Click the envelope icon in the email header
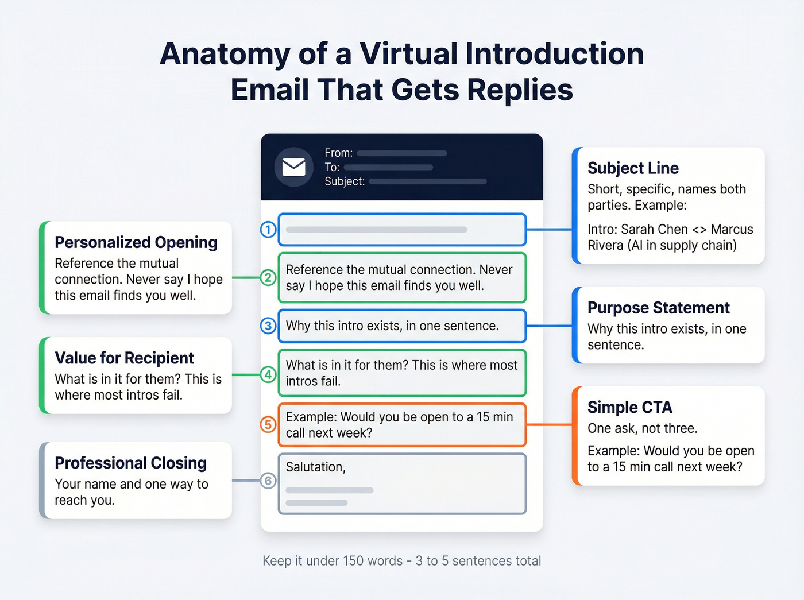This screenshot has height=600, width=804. click(293, 167)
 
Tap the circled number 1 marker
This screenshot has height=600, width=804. click(268, 230)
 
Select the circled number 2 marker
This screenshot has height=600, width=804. click(268, 278)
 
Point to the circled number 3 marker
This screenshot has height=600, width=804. click(268, 326)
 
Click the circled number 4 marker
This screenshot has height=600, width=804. click(268, 375)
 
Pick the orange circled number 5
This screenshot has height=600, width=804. click(268, 425)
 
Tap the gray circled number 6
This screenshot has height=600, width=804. click(268, 481)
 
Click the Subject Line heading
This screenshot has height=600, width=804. click(633, 168)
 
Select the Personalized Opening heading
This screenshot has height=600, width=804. click(136, 242)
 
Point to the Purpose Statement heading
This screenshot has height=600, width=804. click(658, 308)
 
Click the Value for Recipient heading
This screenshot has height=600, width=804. click(125, 358)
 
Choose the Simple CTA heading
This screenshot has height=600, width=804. click(629, 407)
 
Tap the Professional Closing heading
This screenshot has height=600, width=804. click(130, 463)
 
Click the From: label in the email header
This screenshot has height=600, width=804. click(338, 153)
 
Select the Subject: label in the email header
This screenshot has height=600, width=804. click(345, 181)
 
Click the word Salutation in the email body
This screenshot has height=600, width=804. click(315, 467)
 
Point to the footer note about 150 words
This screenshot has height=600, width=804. click(402, 560)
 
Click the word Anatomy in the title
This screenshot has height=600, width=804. click(225, 54)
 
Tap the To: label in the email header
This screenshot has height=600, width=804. click(332, 167)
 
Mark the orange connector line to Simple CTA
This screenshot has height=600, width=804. click(549, 425)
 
